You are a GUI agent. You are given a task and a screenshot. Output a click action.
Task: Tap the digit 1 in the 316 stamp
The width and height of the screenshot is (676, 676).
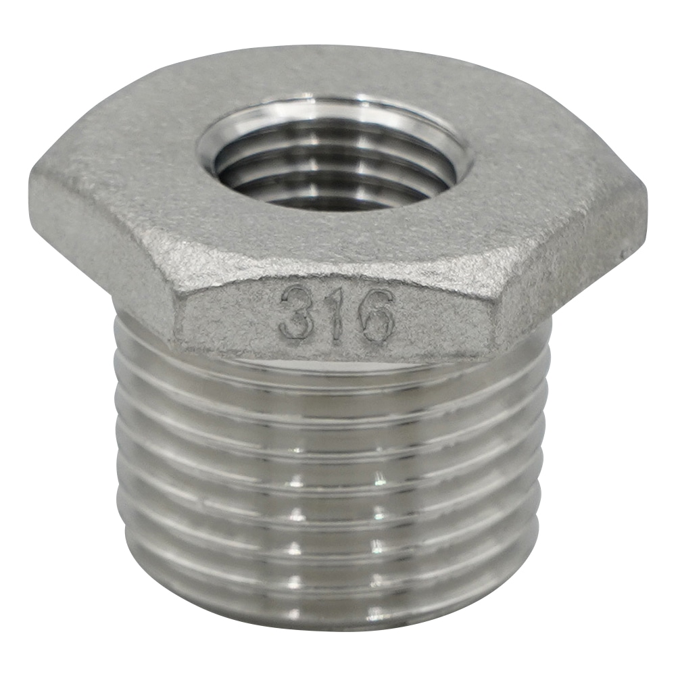335,313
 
